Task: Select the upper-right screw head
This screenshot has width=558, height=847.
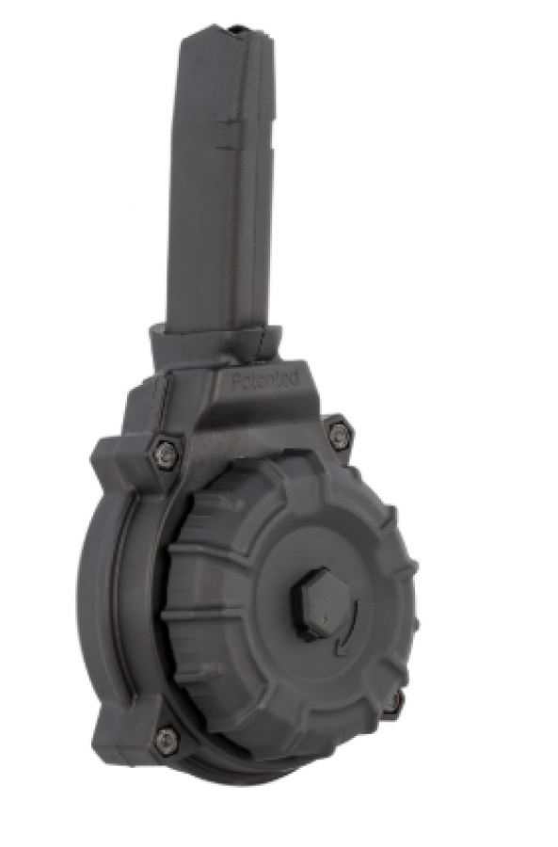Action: click(x=338, y=417)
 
